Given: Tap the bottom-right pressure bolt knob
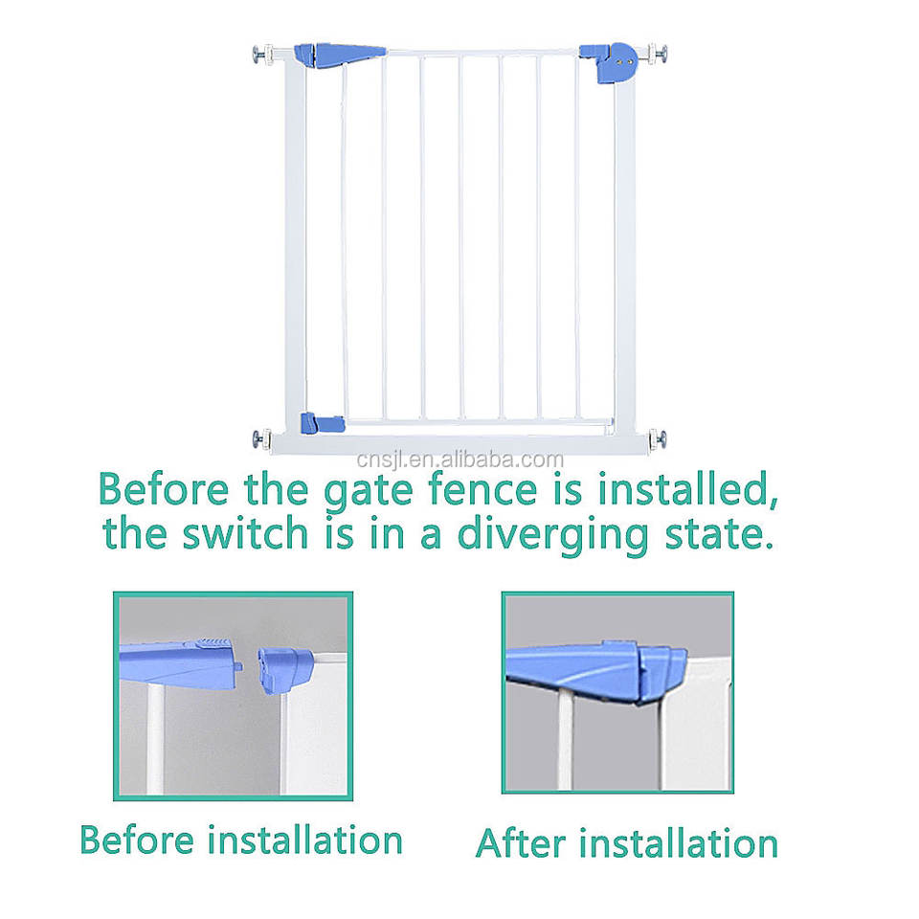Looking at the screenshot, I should pyautogui.click(x=659, y=439).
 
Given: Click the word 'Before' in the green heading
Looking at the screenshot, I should pyautogui.click(x=164, y=490).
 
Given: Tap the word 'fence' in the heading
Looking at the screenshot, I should pyautogui.click(x=522, y=490).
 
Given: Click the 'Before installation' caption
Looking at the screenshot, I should pyautogui.click(x=241, y=841).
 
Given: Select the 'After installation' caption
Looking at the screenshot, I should pyautogui.click(x=627, y=843).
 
